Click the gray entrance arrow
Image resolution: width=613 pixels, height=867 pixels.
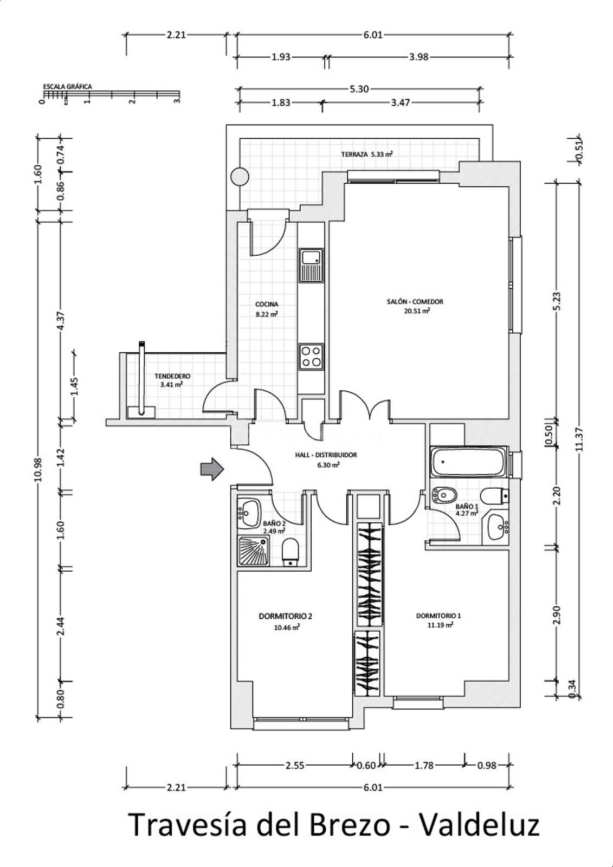click(x=212, y=469)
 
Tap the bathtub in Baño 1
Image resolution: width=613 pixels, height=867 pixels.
click(x=469, y=462)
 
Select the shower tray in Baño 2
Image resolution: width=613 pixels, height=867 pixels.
click(x=253, y=551)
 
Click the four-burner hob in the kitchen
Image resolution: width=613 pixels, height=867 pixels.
click(x=311, y=357)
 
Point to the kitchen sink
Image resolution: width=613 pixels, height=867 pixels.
click(x=311, y=266)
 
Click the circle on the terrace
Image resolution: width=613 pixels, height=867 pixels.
click(x=240, y=177)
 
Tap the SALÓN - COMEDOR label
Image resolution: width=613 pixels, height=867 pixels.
click(x=415, y=301)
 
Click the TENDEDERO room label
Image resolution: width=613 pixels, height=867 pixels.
click(x=172, y=376)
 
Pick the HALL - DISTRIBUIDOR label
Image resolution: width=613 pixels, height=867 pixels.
click(x=326, y=455)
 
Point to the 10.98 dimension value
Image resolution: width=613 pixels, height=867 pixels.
click(x=38, y=469)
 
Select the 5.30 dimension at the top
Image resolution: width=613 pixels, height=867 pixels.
click(x=359, y=89)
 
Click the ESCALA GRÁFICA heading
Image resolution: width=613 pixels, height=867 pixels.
click(x=67, y=87)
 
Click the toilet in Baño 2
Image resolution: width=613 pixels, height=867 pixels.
click(x=290, y=552)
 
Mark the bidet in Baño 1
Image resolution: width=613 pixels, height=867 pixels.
click(x=444, y=494)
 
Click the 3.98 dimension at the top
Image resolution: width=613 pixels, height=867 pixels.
click(x=418, y=57)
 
